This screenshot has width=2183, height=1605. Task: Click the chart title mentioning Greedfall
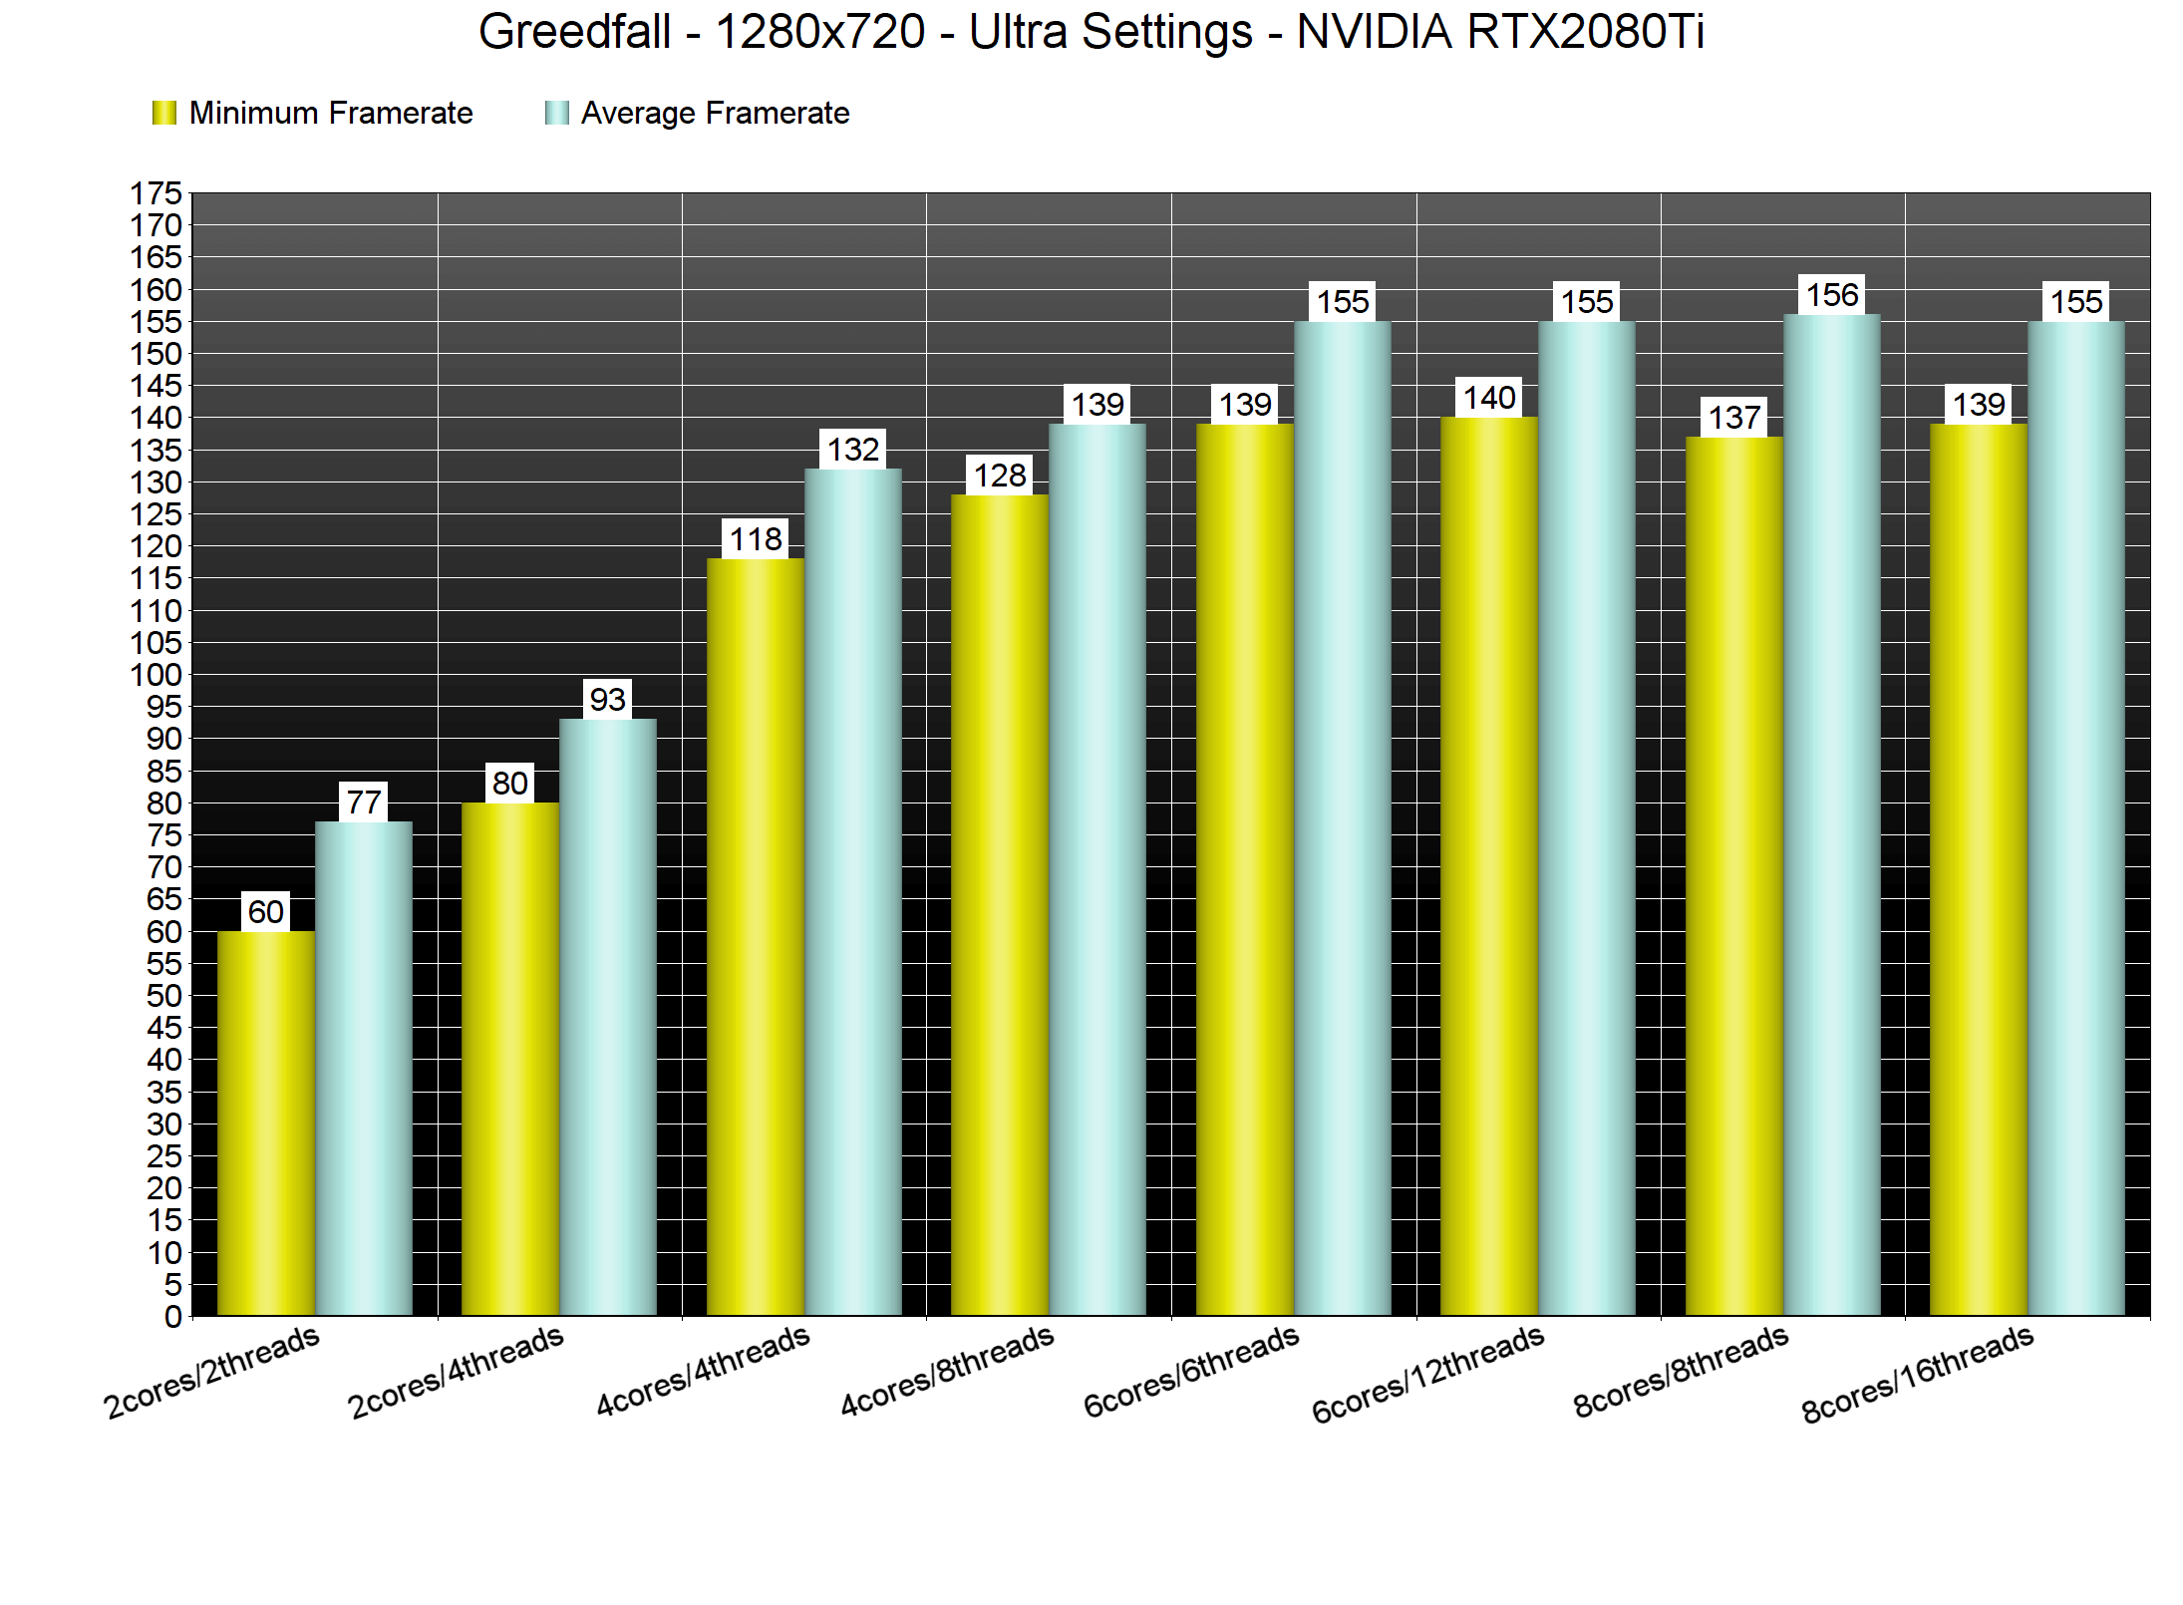[x=1091, y=32]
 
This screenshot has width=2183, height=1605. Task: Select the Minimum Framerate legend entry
[x=313, y=113]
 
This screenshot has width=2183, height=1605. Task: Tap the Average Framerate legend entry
[x=698, y=113]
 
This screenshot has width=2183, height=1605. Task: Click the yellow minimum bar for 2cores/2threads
[x=266, y=1123]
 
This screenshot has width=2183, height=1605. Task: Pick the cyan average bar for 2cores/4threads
[x=608, y=1017]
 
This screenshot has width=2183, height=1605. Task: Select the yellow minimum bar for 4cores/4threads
[x=756, y=937]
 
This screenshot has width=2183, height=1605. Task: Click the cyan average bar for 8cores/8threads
[x=1832, y=814]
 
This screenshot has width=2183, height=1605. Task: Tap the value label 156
[x=1832, y=295]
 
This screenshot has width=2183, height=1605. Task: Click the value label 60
[x=266, y=911]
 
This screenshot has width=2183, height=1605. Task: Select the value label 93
[x=608, y=700]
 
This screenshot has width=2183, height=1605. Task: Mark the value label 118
[x=756, y=539]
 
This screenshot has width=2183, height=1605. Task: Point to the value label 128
[x=1000, y=476]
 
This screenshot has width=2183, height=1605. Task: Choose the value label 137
[x=1734, y=418]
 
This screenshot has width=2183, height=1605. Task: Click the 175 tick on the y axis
[x=156, y=193]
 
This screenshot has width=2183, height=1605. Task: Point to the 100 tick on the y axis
[x=156, y=675]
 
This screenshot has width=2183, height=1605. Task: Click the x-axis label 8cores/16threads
[x=1917, y=1374]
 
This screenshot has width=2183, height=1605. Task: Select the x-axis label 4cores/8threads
[x=947, y=1370]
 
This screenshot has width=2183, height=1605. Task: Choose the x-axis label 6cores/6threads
[x=1191, y=1371]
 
